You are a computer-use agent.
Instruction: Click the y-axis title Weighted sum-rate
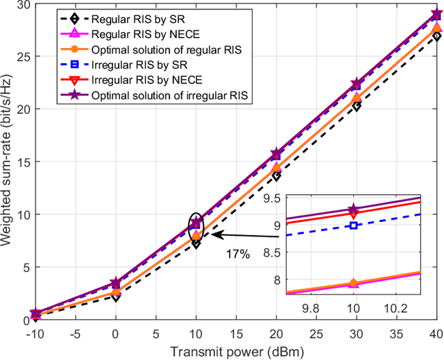click(x=10, y=161)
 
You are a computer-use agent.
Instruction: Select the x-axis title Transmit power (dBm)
click(x=236, y=351)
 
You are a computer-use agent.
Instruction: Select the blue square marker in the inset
click(x=354, y=225)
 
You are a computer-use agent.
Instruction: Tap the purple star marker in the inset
click(x=354, y=209)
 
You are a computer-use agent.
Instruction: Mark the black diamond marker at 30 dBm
click(x=357, y=106)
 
